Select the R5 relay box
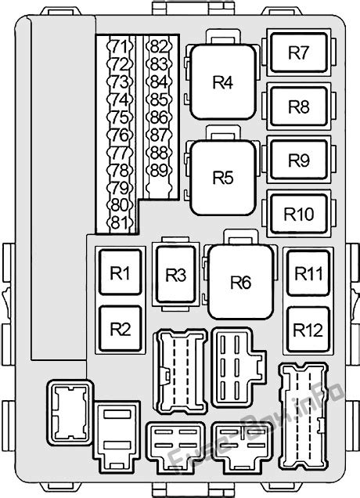[x=223, y=178]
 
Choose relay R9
[x=298, y=160]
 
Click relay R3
[x=176, y=276]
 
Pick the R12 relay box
[x=308, y=330]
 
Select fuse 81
[x=119, y=222]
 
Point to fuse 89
[x=159, y=170]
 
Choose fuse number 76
[x=119, y=135]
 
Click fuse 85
[x=159, y=100]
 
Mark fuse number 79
[x=119, y=187]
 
